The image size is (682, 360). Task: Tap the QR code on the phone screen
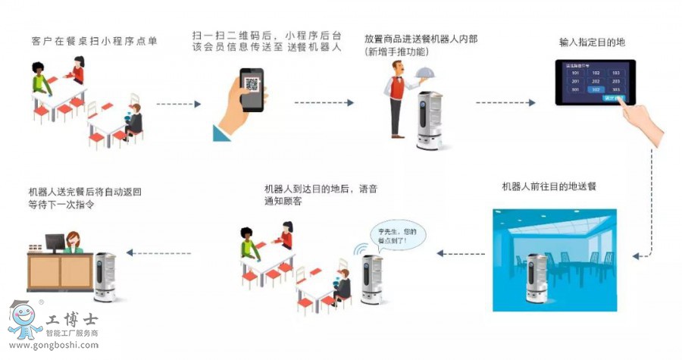click(x=252, y=83)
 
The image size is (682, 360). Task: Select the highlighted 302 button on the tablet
click(x=596, y=89)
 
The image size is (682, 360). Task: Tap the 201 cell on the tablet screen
click(x=576, y=82)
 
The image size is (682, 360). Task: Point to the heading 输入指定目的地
click(x=593, y=41)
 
